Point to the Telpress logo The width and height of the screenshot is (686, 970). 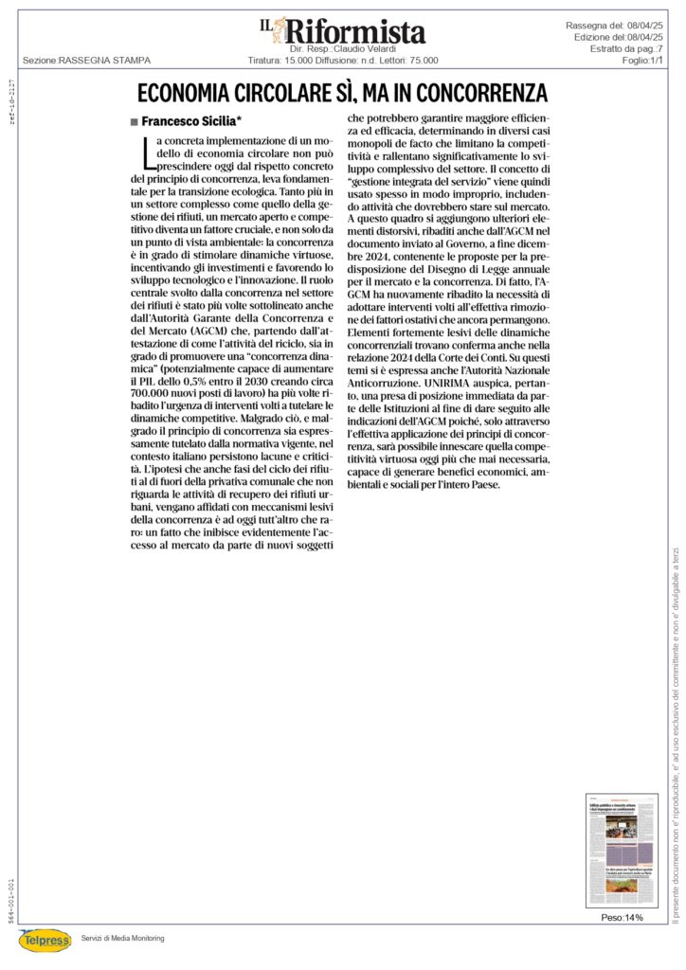coord(45,940)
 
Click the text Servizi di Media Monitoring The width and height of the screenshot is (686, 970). coord(123,938)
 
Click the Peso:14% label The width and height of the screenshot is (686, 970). coord(622,918)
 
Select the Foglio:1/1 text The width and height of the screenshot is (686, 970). coord(642,59)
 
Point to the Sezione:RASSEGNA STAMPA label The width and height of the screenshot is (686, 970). coord(86,60)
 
